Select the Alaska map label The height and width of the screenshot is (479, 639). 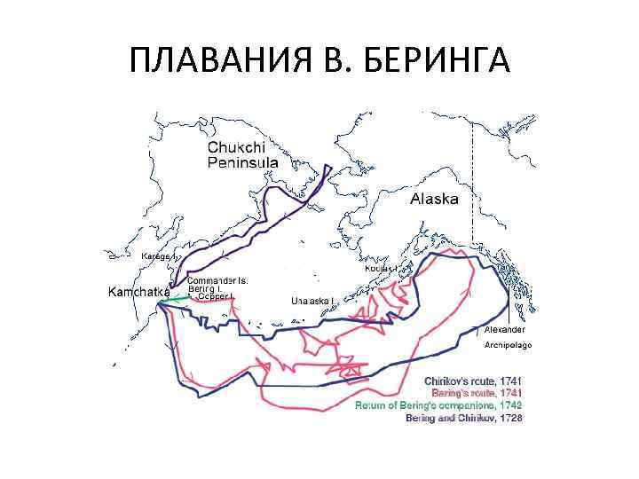(x=434, y=200)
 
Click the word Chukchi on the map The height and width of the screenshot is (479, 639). (x=235, y=148)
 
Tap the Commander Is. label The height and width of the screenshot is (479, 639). (x=217, y=280)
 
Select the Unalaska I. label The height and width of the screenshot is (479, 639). (x=312, y=301)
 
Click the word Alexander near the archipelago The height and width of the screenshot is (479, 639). (x=505, y=329)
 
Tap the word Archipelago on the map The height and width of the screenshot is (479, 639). (x=508, y=344)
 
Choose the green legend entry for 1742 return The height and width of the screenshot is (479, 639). (x=438, y=404)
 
